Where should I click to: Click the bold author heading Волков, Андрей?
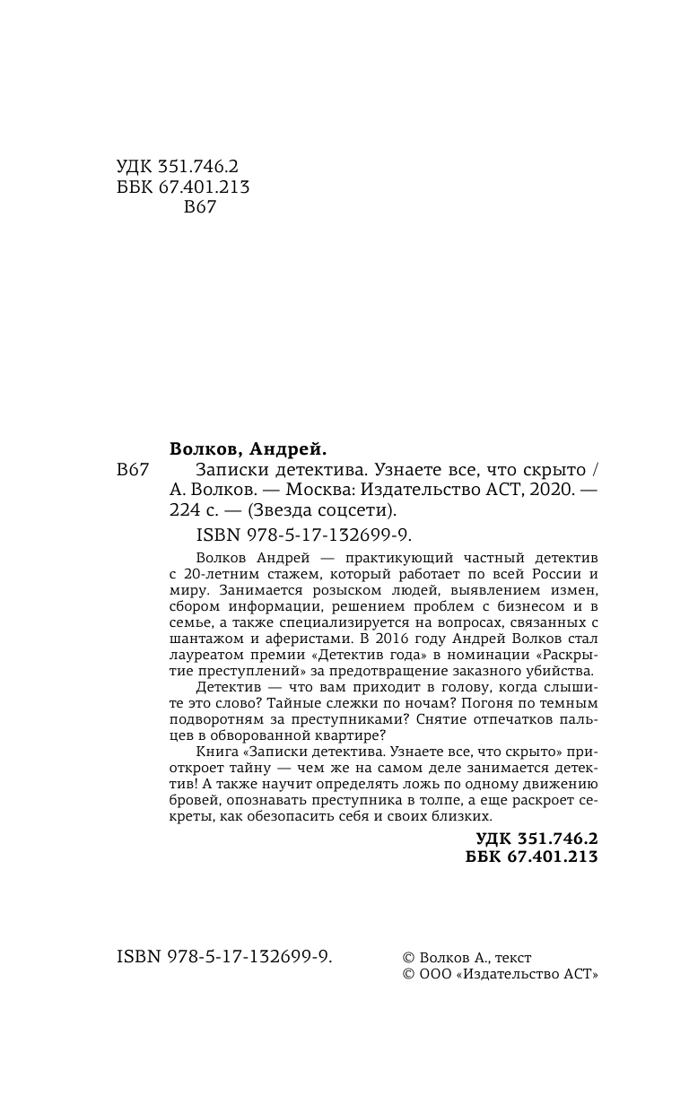249,448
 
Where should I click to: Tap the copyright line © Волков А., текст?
467,958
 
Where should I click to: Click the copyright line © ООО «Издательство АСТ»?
500,975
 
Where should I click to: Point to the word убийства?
557,671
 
